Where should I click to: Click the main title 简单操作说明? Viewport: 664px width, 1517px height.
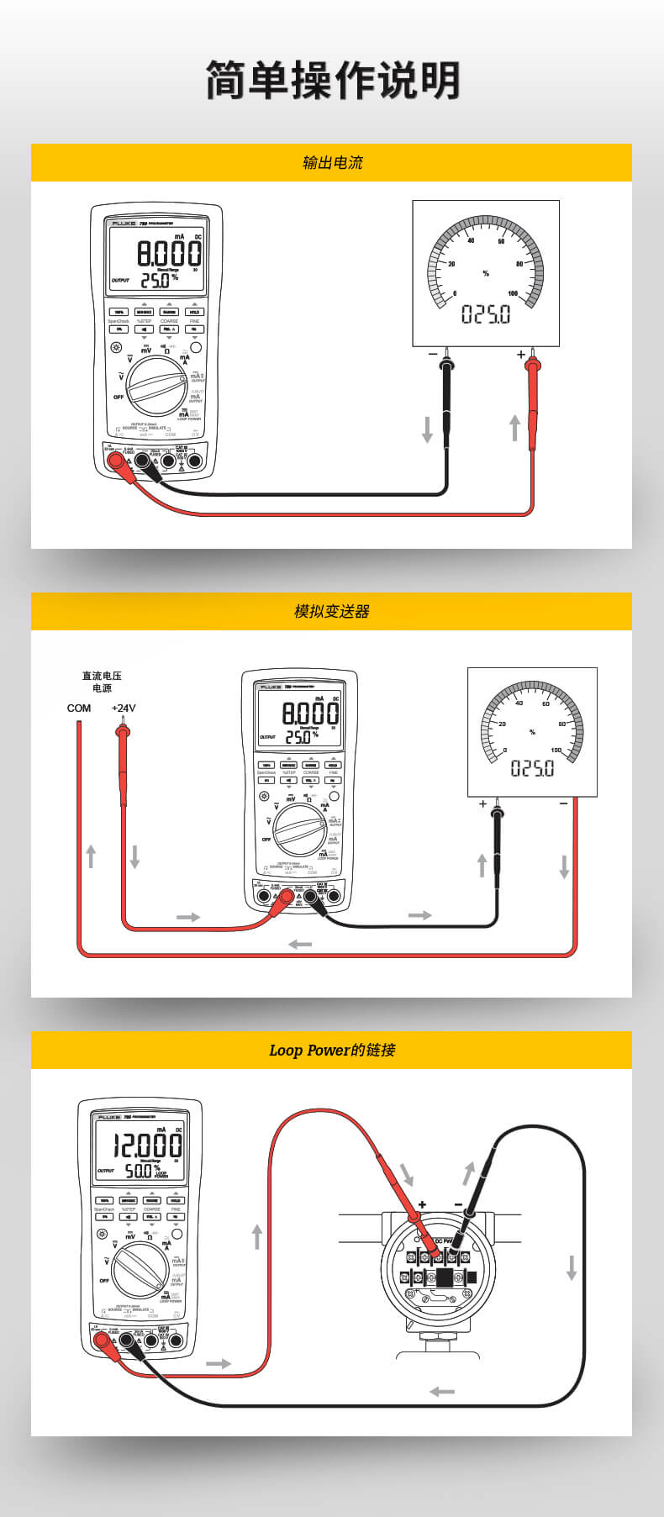[333, 81]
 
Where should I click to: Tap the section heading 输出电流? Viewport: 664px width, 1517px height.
[332, 162]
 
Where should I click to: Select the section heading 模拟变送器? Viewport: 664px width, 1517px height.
[331, 611]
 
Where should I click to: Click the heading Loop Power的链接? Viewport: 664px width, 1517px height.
[331, 1050]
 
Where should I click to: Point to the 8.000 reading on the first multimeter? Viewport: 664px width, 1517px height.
[169, 252]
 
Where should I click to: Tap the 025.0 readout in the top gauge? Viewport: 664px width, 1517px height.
[486, 315]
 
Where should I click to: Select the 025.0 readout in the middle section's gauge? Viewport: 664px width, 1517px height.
[532, 768]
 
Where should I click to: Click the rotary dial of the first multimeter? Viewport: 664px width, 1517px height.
[157, 386]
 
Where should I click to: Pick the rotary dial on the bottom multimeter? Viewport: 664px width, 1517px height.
[140, 1271]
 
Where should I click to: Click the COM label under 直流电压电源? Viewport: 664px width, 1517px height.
[79, 708]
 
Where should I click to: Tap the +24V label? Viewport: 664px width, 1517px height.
[124, 708]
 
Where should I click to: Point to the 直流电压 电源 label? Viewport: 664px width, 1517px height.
[102, 682]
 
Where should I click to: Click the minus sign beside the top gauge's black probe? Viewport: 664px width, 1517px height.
[433, 355]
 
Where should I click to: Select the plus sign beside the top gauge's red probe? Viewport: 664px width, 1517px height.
[520, 355]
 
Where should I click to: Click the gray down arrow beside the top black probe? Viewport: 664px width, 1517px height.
[427, 429]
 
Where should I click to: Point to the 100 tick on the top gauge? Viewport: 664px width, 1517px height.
[513, 293]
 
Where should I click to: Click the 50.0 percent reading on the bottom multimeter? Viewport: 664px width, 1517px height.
[140, 1170]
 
